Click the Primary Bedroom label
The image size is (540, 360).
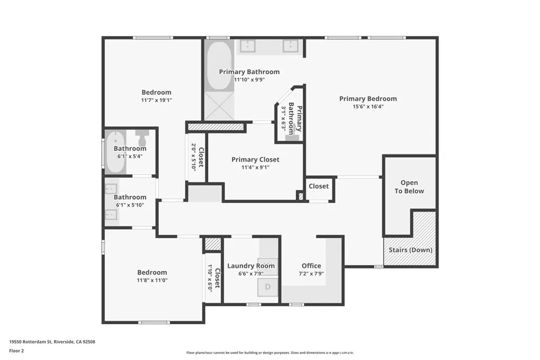[x=368, y=99]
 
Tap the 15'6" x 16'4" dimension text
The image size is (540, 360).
[x=368, y=106]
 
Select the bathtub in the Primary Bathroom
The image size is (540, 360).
[x=217, y=66]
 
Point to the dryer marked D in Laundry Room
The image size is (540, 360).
[x=267, y=287]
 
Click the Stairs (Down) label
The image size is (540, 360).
[x=410, y=250]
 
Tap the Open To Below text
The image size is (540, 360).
[x=409, y=187]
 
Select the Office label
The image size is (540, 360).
[x=311, y=266]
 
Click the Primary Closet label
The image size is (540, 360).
[x=255, y=160]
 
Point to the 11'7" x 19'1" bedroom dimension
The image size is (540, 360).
[x=156, y=100]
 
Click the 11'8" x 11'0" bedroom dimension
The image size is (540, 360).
[x=152, y=280]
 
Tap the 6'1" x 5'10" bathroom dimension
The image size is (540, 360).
[x=130, y=205]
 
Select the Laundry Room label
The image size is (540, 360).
[x=251, y=266]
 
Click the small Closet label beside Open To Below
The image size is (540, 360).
[x=319, y=186]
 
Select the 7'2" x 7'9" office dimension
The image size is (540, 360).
[x=311, y=274]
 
